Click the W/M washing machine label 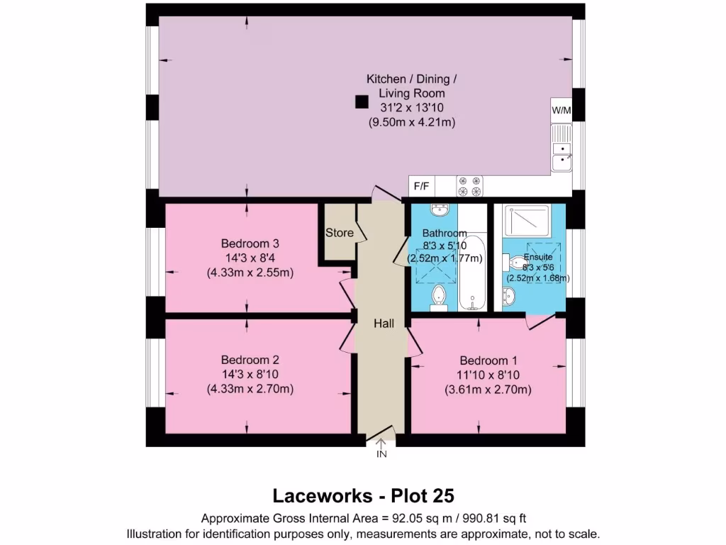561,111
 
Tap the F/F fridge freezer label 422,187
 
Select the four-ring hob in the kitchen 469,186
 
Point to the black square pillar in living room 362,102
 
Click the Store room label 340,233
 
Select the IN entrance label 381,454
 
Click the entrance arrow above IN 381,443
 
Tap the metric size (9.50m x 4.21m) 411,123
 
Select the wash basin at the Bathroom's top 439,210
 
